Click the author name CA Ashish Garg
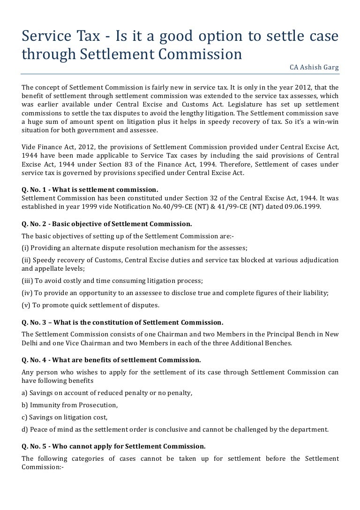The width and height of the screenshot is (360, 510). [314, 68]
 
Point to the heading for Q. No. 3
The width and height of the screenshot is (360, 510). [123, 323]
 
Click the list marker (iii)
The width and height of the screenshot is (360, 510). [28, 281]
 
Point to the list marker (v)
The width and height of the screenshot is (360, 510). [26, 305]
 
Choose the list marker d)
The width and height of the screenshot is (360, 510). [25, 429]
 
